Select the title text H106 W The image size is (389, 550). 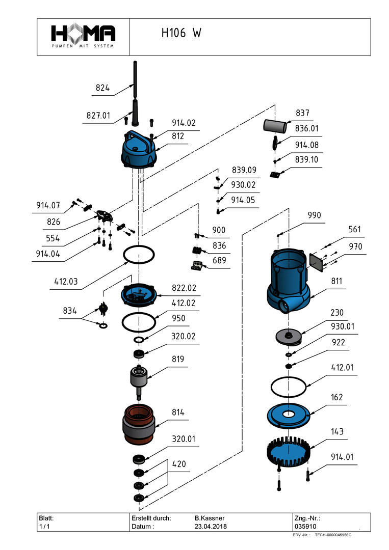181,34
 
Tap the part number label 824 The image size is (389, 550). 102,88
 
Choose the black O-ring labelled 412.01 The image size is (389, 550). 289,386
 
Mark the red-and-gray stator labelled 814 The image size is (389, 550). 139,423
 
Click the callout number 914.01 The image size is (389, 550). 342,456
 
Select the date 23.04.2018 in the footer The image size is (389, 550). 211,526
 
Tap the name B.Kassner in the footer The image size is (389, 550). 210,517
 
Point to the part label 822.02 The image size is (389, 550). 184,288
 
